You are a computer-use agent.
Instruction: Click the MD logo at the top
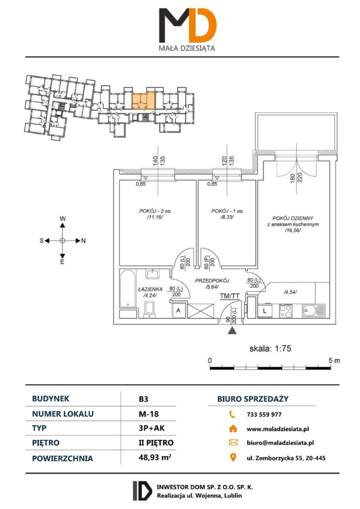tap(188, 25)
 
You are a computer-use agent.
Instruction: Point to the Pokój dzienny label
tap(293, 218)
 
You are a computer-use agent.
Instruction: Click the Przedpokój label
tap(213, 281)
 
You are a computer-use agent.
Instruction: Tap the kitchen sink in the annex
tap(313, 311)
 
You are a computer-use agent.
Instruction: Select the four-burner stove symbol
tap(286, 311)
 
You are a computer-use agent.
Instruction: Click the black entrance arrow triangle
tap(231, 330)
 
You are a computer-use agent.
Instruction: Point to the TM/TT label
tap(229, 296)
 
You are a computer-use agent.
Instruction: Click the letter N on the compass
tap(83, 240)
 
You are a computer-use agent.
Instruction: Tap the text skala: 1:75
tap(270, 349)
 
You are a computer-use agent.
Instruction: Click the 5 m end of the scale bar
tap(331, 368)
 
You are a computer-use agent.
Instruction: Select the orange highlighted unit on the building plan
tap(144, 101)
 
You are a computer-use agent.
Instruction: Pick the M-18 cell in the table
tap(149, 414)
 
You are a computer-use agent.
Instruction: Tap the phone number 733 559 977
tap(264, 415)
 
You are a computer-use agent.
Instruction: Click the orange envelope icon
tap(233, 443)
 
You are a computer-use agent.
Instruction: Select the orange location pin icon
tap(233, 458)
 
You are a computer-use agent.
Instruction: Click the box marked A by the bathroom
tap(178, 311)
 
